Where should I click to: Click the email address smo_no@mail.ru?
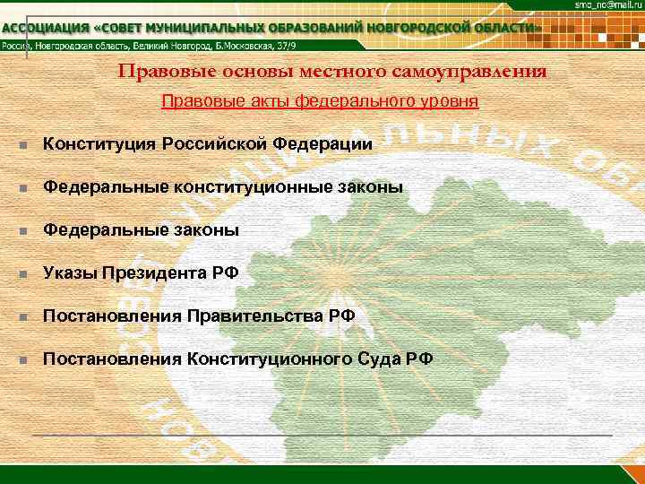(606, 6)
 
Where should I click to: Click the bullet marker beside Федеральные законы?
(30, 231)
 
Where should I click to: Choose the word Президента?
(157, 273)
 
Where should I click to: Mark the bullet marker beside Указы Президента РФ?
(30, 274)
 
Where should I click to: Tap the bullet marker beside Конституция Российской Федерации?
(30, 144)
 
